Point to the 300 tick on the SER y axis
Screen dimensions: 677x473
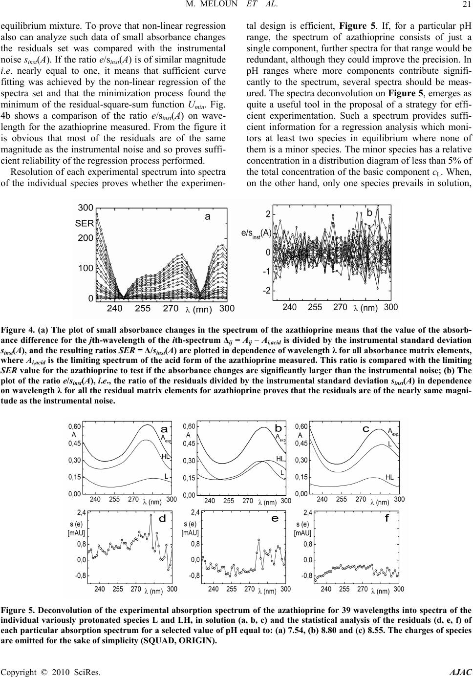point(86,208)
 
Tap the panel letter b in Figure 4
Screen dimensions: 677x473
point(369,212)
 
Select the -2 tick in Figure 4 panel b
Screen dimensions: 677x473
point(268,291)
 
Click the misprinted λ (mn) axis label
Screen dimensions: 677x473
point(198,309)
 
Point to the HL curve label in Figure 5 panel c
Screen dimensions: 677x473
point(390,476)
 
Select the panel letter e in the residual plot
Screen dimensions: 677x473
point(275,519)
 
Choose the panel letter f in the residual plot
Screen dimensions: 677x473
point(387,519)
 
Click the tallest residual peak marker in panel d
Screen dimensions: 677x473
point(151,515)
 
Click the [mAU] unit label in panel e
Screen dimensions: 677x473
point(190,532)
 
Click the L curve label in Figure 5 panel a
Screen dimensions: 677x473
point(166,476)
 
